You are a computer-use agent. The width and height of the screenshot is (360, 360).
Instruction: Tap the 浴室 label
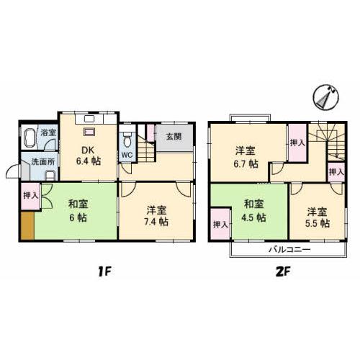tap(48, 133)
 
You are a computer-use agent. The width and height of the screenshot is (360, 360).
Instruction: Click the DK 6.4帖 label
tap(89, 156)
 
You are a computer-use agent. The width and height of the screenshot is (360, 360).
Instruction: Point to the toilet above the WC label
tap(127, 139)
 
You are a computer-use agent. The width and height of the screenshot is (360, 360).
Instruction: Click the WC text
tap(126, 155)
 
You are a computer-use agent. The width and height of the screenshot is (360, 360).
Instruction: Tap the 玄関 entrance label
tap(174, 137)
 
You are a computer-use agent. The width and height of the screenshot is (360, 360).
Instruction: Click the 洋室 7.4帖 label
tap(157, 215)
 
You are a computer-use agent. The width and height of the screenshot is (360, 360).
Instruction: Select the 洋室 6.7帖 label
tap(245, 156)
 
